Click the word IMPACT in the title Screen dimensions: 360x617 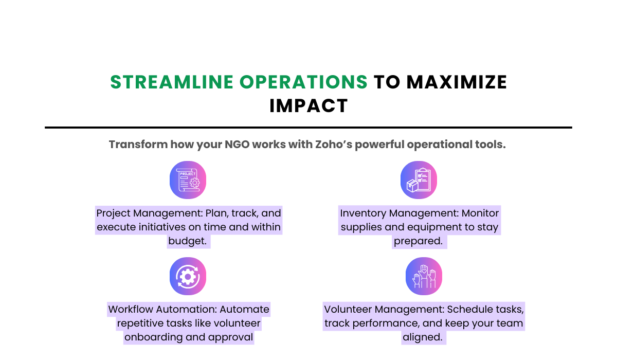308,106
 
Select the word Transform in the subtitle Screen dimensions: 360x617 138,145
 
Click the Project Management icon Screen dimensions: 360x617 188,179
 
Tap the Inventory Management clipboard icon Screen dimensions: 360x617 419,179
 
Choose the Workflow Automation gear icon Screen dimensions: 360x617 188,276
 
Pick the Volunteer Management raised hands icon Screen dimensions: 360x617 424,276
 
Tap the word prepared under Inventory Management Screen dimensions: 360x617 417,241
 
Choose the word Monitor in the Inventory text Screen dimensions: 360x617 480,213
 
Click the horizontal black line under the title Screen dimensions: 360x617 308,127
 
